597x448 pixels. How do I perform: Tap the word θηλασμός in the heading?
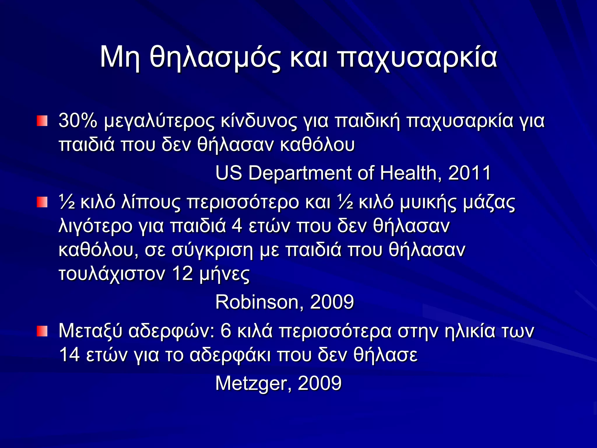215,57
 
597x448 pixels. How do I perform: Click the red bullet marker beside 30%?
42,121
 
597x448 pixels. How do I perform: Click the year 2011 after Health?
470,173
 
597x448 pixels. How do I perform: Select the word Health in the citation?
410,173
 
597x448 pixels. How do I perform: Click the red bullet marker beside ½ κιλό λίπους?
42,202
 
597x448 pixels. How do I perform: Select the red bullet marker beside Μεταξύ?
42,331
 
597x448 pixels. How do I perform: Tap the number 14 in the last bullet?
69,355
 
